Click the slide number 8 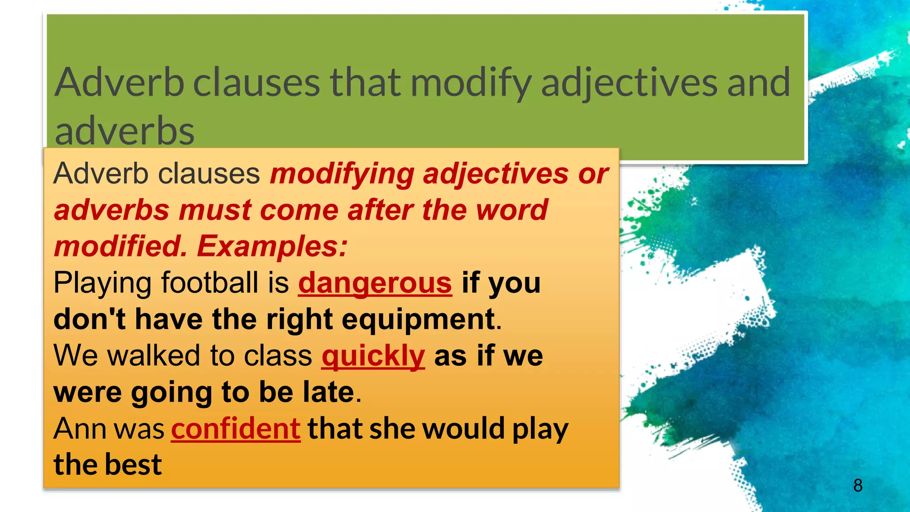pyautogui.click(x=858, y=485)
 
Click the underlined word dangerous pyautogui.click(x=375, y=283)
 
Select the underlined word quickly pyautogui.click(x=373, y=356)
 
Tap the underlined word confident pyautogui.click(x=236, y=429)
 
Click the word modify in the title pyautogui.click(x=471, y=83)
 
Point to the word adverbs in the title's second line pyautogui.click(x=124, y=132)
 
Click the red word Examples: pyautogui.click(x=272, y=246)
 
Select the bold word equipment pyautogui.click(x=419, y=320)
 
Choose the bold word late pyautogui.click(x=328, y=392)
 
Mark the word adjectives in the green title pyautogui.click(x=629, y=83)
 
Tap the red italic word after pyautogui.click(x=380, y=210)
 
